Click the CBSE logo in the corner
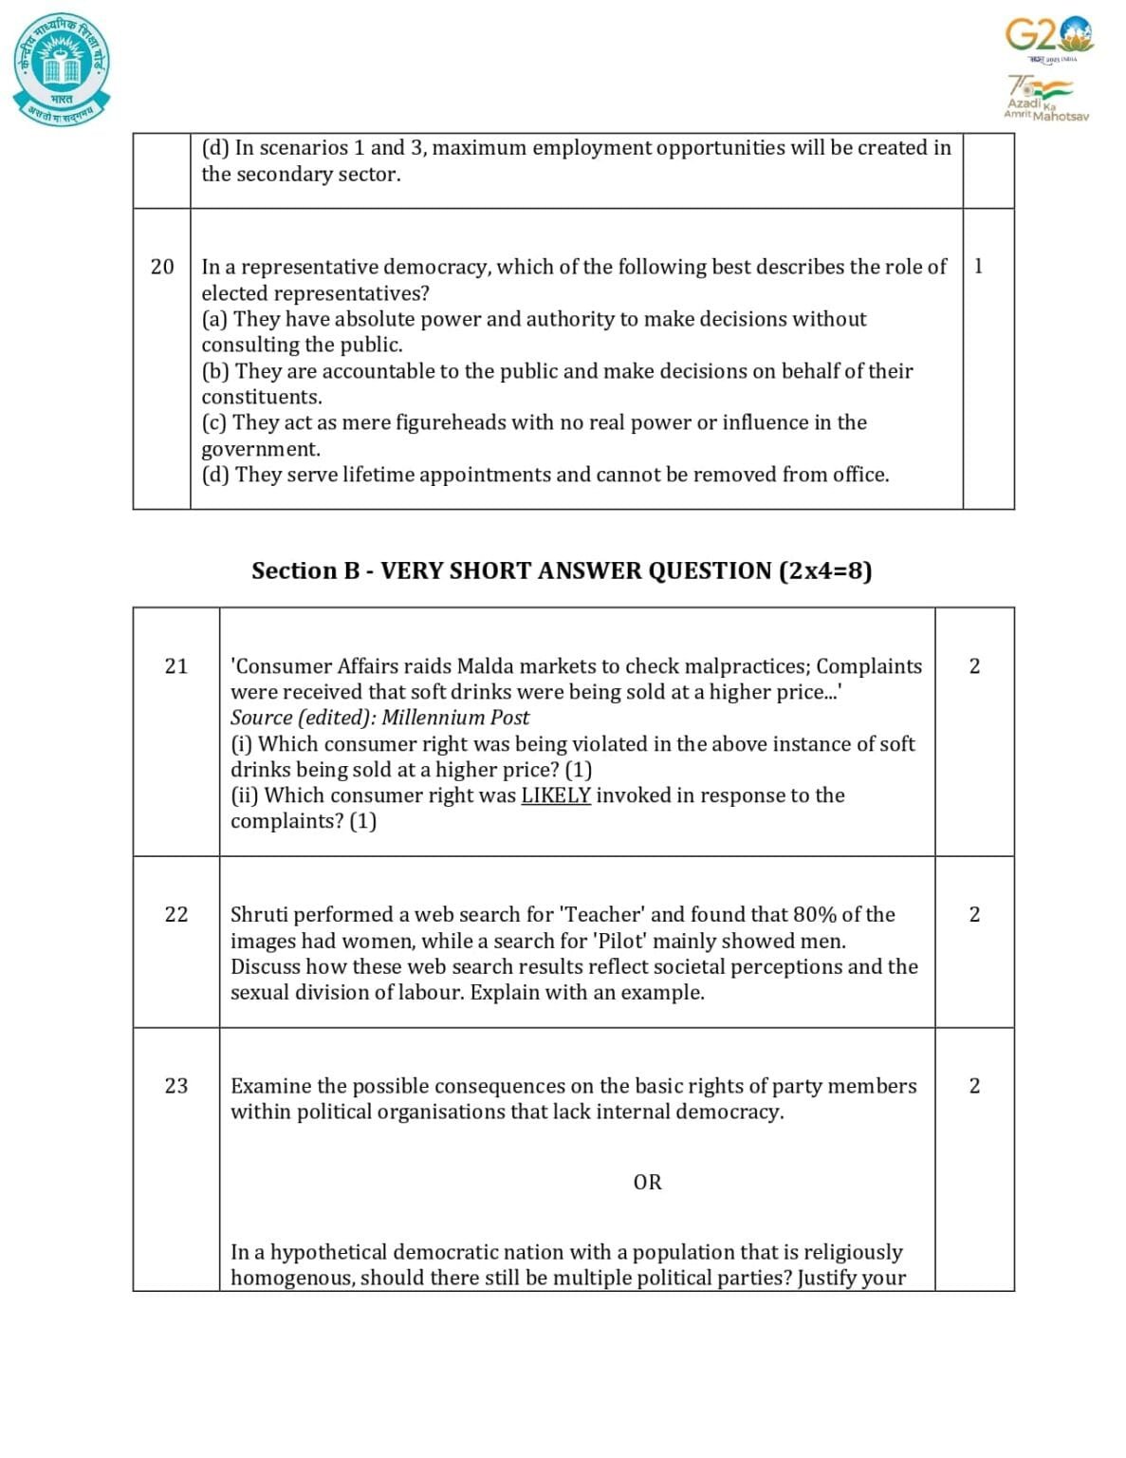point(62,68)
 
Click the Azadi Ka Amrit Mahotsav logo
point(1045,98)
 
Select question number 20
point(162,267)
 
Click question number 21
point(176,666)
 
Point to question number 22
point(176,915)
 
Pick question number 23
point(176,1086)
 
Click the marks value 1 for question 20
point(978,267)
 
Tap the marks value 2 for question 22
point(974,915)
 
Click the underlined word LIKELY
point(556,795)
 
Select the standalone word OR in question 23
point(647,1183)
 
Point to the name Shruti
point(261,915)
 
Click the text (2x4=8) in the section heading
point(824,570)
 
